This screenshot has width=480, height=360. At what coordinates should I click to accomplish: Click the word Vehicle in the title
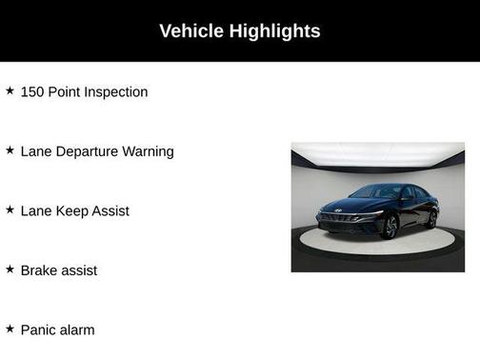click(190, 31)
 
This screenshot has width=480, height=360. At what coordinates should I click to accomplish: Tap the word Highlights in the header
click(274, 31)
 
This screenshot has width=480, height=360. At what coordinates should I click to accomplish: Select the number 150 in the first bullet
click(33, 92)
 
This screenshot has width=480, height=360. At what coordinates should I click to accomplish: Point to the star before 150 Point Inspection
click(10, 91)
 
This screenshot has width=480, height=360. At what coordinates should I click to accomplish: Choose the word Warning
click(148, 151)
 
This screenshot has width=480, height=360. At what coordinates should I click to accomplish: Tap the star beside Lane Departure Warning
click(10, 150)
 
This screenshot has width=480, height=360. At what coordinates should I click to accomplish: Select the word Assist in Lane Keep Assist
click(110, 210)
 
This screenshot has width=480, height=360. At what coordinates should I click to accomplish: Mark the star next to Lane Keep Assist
click(10, 210)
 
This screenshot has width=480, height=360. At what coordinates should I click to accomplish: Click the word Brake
click(39, 270)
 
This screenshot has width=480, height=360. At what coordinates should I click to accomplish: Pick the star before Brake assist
click(10, 270)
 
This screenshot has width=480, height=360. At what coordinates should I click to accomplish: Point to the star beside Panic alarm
click(10, 329)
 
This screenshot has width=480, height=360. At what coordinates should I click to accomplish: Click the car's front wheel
click(390, 227)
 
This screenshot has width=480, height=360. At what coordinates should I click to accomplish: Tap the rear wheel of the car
click(431, 218)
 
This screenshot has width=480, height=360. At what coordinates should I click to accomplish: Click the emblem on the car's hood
click(338, 211)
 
